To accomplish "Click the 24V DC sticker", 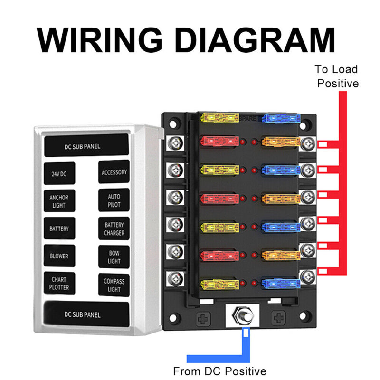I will click(59, 174).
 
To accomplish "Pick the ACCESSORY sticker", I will click(114, 172).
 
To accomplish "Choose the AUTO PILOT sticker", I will click(114, 200).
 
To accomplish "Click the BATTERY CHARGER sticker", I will click(114, 229).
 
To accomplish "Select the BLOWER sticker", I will click(59, 256).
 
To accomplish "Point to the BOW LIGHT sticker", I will click(114, 257).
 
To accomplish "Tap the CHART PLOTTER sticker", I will click(59, 284).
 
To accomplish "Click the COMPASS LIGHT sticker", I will click(114, 285).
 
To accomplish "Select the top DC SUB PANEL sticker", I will click(86, 146).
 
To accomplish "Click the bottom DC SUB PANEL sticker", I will click(86, 314).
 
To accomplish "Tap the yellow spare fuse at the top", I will click(219, 118).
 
